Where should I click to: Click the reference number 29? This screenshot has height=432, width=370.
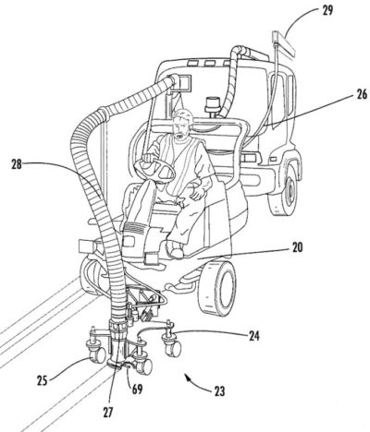[x=327, y=11]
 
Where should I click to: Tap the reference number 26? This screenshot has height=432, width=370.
[x=361, y=94]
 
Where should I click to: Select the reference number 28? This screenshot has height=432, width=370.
[x=17, y=164]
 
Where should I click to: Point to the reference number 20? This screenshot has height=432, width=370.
[x=297, y=248]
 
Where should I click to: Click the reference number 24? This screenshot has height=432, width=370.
[x=253, y=336]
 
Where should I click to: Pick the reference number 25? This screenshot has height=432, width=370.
[x=43, y=380]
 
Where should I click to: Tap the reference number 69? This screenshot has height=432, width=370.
[x=137, y=390]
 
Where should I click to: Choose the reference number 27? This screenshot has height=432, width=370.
[x=107, y=413]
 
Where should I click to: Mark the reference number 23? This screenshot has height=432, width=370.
[x=219, y=391]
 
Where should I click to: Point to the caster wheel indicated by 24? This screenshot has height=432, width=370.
[x=172, y=348]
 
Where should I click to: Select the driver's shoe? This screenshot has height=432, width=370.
[x=175, y=249]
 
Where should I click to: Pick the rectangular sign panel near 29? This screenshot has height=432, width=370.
[x=284, y=42]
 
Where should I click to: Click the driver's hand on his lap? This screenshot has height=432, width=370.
[x=196, y=194]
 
